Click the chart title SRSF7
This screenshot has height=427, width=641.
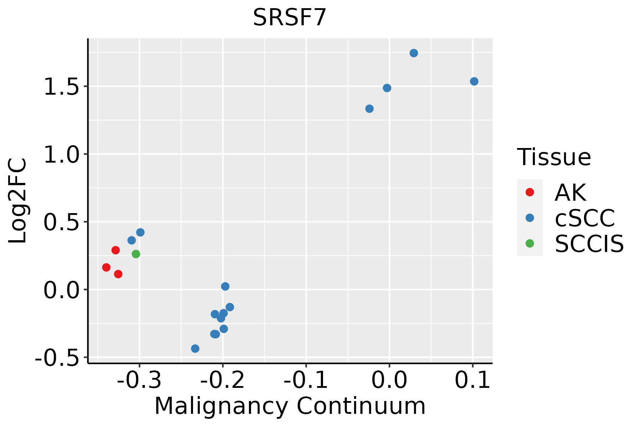point(290,17)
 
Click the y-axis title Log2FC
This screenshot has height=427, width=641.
point(18,201)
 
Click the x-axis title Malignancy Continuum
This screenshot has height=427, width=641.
point(290,406)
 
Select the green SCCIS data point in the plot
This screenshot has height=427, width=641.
point(136,254)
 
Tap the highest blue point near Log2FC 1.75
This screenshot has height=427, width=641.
point(413,53)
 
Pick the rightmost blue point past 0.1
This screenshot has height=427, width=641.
point(474,81)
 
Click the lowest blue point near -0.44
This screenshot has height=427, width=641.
point(195,348)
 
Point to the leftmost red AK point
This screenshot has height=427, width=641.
point(106,267)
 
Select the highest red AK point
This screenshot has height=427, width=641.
point(115,250)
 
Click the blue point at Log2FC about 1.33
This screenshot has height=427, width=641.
point(369,109)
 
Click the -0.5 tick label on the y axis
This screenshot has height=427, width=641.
point(57,358)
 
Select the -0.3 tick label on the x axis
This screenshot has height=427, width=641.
point(139,380)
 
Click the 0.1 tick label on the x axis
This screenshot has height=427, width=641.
point(473,380)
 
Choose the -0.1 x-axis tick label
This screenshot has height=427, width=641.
point(306,380)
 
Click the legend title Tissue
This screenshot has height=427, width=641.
point(554,157)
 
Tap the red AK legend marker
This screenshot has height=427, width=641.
point(530,192)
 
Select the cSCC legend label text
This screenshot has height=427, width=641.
point(584,218)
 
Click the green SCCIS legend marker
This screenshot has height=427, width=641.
point(530,243)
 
